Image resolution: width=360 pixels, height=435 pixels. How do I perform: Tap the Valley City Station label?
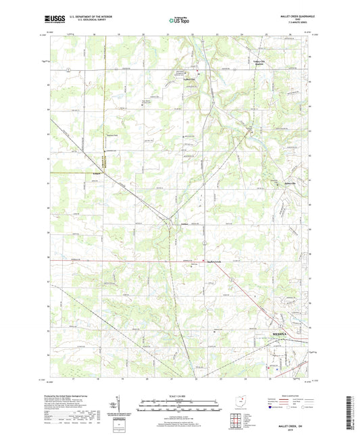[259, 64]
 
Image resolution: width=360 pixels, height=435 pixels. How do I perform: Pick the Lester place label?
[184, 224]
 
